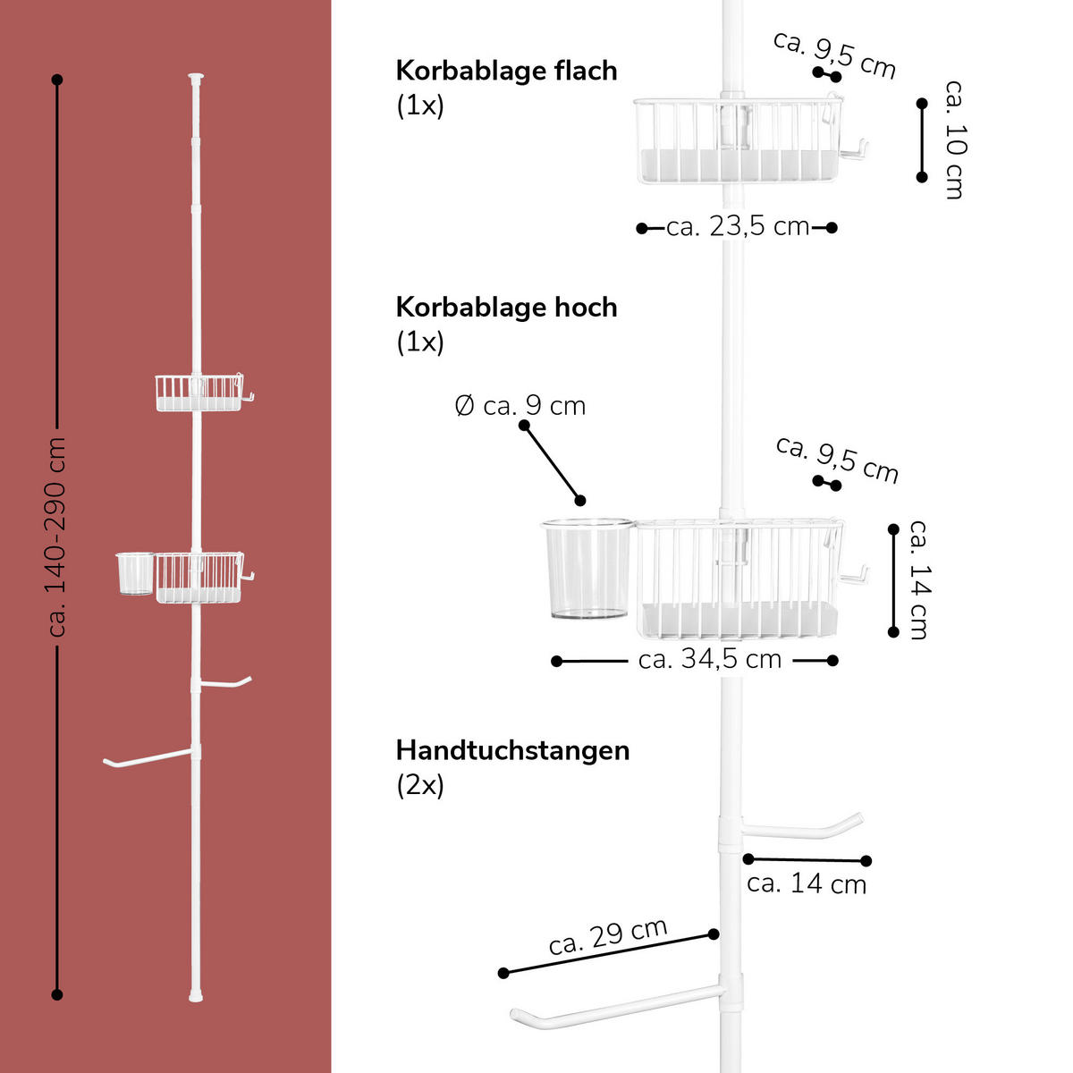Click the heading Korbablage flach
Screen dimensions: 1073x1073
point(506,71)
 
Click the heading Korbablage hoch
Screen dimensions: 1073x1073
point(506,308)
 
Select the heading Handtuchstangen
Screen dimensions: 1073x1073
point(512,749)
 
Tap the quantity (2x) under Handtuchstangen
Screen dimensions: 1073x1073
point(420,785)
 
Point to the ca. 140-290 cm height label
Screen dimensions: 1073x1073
point(58,536)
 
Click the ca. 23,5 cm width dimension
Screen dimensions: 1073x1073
point(738,227)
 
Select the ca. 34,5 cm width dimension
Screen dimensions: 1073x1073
point(710,660)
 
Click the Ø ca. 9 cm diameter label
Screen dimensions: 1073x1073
point(520,406)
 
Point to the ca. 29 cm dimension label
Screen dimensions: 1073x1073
point(608,936)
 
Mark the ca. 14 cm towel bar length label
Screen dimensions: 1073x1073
point(807,883)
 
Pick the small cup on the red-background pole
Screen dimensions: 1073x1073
point(134,573)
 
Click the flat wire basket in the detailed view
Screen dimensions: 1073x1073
point(738,141)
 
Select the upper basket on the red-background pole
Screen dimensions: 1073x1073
point(199,393)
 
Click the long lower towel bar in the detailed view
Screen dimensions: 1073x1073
point(617,1006)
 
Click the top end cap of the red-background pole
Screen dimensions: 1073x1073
point(197,78)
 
